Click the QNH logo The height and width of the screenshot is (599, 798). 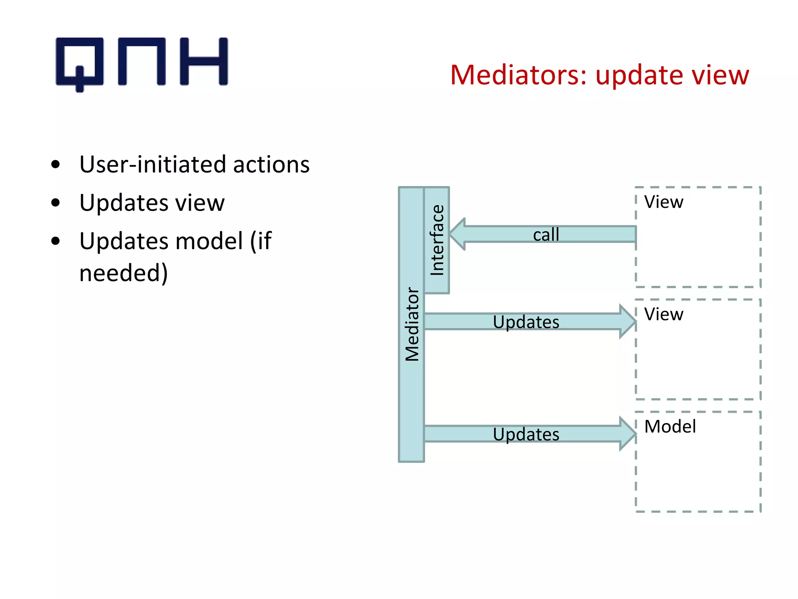tap(141, 62)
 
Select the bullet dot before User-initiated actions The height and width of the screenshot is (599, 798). tap(56, 165)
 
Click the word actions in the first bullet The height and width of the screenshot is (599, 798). tap(271, 165)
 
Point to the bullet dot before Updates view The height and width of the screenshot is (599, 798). tap(56, 203)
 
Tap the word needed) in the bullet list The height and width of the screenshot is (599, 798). tap(124, 273)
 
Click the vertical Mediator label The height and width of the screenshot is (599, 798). tap(412, 324)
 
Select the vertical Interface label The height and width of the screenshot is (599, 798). tap(437, 240)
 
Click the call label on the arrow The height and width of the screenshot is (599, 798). tap(546, 235)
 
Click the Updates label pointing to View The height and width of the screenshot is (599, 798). tap(526, 322)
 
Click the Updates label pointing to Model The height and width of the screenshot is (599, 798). tap(526, 434)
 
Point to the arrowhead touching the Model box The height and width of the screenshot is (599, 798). tap(627, 434)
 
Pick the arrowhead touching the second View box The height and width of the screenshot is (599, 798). tap(627, 321)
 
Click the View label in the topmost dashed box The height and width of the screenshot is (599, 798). tap(664, 202)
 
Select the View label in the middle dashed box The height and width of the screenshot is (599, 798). tap(664, 314)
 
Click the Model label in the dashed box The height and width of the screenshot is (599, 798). tap(670, 427)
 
